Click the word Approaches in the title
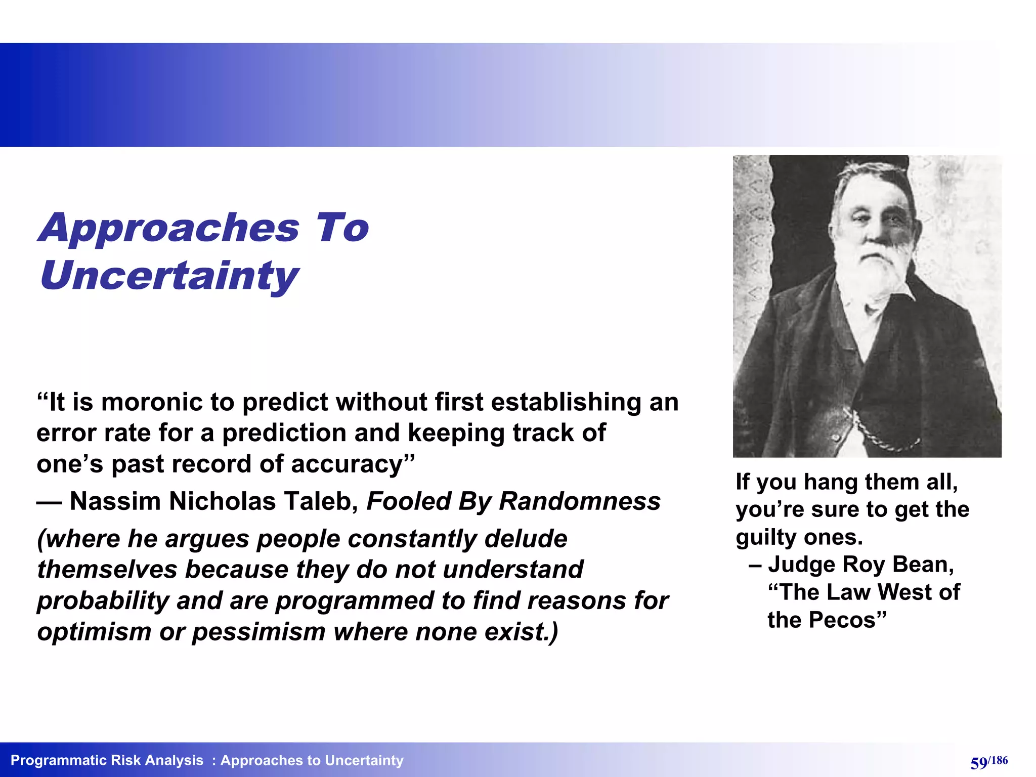169,229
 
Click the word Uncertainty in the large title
169,276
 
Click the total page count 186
999,760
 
